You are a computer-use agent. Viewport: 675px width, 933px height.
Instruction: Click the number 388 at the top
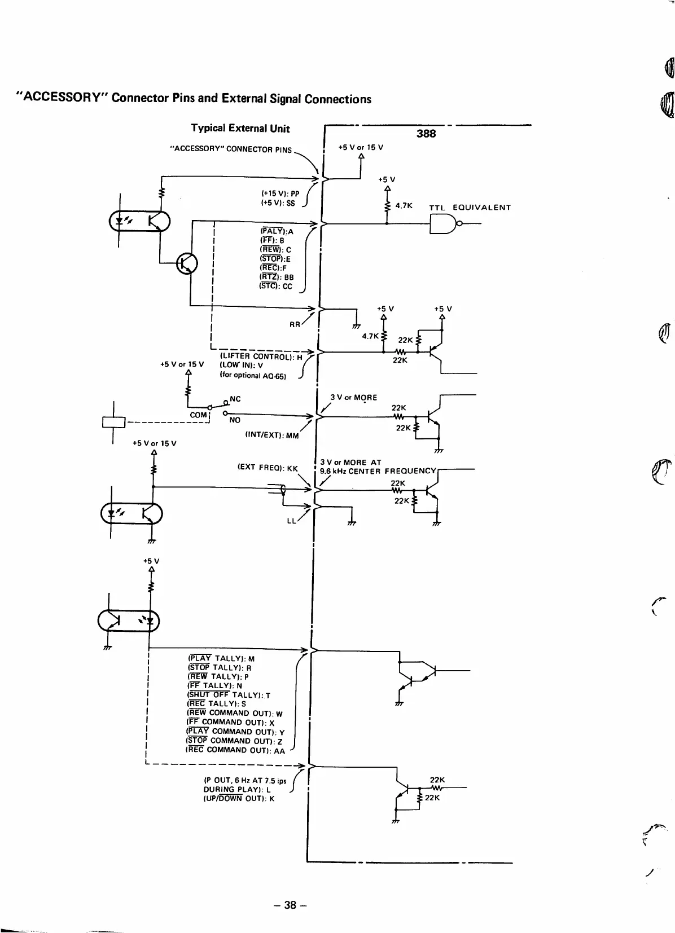426,134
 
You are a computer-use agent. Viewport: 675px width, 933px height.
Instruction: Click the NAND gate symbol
444,224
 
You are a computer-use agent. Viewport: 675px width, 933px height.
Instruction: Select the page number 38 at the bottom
290,905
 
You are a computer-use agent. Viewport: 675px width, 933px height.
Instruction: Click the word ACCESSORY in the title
61,98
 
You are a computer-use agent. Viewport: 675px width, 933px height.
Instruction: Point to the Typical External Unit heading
240,129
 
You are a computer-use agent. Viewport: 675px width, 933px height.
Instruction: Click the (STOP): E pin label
275,259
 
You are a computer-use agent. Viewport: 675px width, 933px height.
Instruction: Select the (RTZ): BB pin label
277,277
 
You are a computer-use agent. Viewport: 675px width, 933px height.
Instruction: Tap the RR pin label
295,324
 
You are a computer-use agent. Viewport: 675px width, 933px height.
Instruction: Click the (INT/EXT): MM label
271,435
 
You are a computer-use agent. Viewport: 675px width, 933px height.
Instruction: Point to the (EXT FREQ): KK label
267,468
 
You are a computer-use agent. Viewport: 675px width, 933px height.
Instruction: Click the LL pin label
291,521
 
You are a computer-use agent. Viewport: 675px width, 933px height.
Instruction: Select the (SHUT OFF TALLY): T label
229,695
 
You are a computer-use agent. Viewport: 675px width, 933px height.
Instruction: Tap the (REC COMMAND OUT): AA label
235,750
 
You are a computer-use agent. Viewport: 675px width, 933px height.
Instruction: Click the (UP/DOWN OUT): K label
239,798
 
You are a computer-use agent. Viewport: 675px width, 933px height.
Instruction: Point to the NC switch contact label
235,399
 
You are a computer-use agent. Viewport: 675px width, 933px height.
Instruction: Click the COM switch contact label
198,415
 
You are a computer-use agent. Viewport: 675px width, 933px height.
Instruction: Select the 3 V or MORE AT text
350,462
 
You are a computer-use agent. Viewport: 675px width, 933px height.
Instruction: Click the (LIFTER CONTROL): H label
261,357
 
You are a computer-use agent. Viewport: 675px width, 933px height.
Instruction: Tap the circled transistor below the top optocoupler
187,263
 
